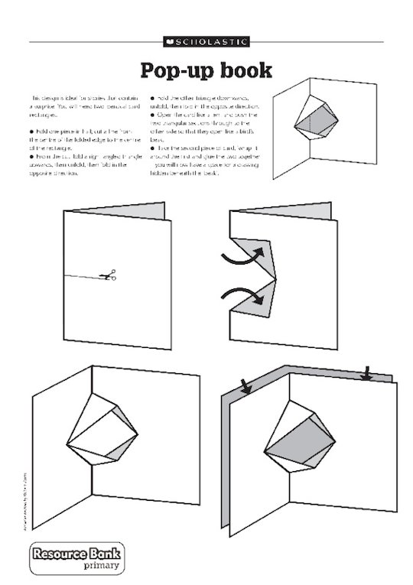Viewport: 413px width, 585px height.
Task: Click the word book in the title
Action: pos(243,70)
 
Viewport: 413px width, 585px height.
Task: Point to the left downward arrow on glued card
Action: pos(246,387)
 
